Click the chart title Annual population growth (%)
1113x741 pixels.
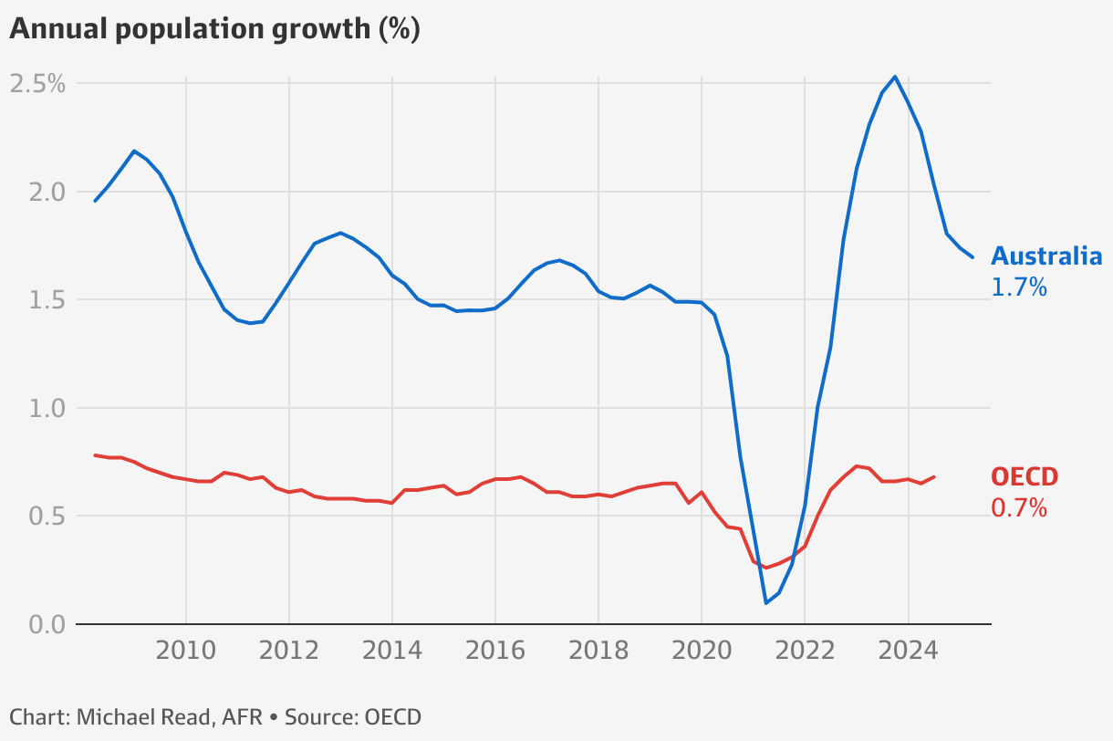coord(214,29)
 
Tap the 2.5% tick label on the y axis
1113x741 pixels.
coord(37,84)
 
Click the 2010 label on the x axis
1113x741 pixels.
coord(186,652)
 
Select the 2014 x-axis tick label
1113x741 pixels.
coord(392,652)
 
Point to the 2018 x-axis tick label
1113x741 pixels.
coord(598,652)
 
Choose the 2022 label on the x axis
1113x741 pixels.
coord(805,652)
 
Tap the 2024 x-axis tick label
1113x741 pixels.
coord(908,652)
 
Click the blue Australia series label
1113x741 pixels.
coord(1046,256)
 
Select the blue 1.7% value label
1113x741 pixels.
coord(1019,287)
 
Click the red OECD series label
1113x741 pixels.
coord(1025,477)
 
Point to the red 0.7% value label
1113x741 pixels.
coord(1019,508)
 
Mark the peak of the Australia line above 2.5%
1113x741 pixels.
coord(895,77)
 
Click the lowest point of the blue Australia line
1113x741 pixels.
coord(765,603)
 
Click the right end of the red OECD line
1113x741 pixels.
coord(934,476)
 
